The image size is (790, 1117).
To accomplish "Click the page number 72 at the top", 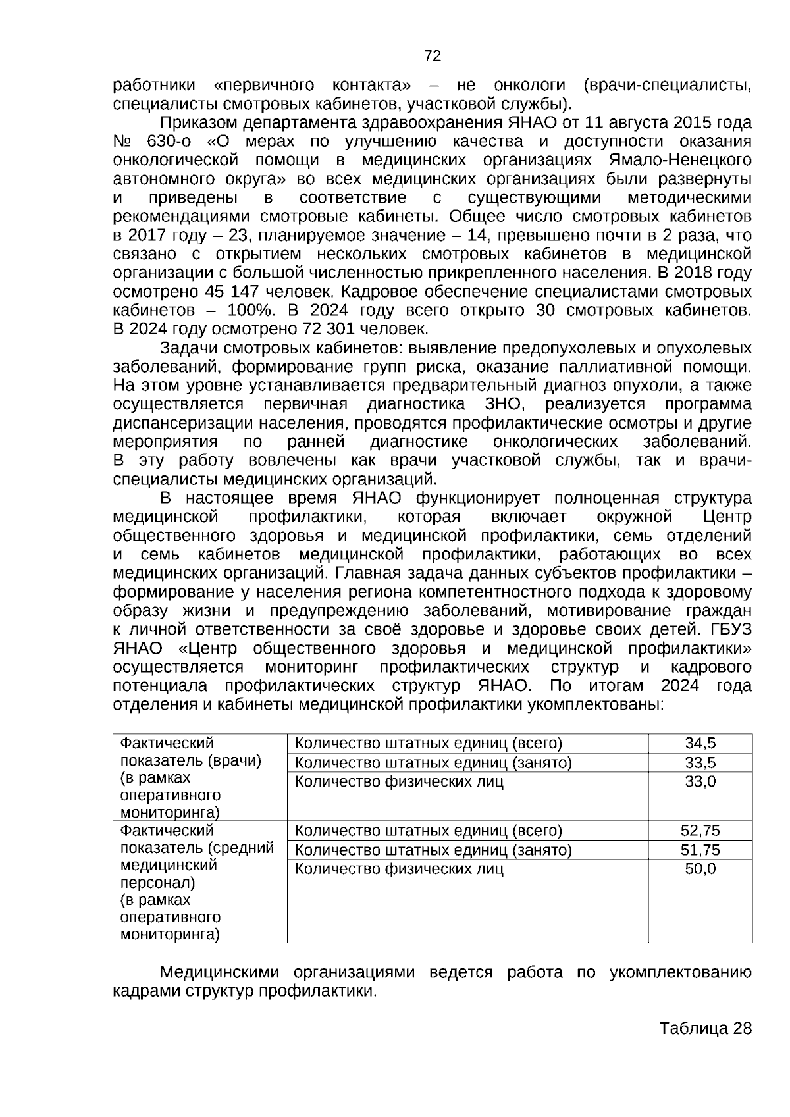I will coord(433,57).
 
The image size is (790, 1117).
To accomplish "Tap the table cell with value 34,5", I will coord(700,744).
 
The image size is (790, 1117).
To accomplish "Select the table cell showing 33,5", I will coord(700,763).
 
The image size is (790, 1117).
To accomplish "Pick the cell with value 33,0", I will coord(700,782).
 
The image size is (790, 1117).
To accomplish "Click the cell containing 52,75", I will coord(700,831).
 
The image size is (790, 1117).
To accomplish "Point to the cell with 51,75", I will coord(700,850).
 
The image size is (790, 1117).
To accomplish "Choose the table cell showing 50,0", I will coord(700,870).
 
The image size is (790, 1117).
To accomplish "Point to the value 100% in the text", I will coord(251,310).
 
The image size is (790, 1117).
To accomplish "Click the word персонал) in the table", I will coord(157,883).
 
